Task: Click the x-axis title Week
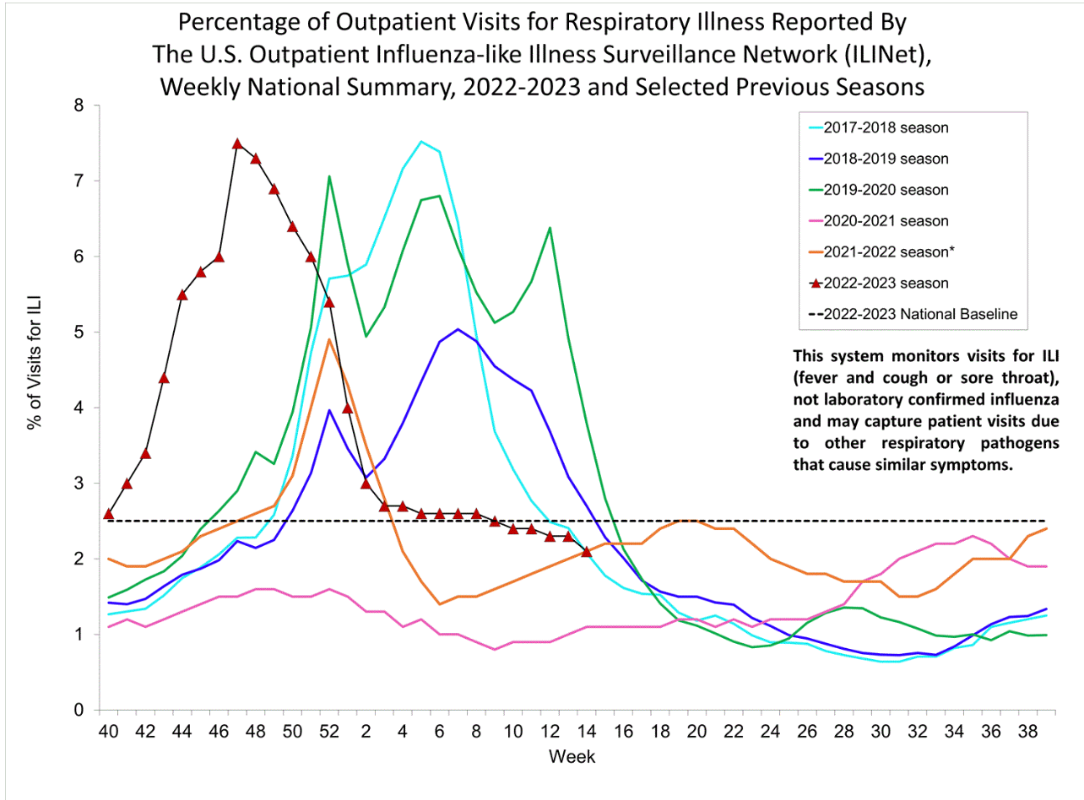pyautogui.click(x=572, y=757)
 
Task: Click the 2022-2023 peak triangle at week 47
pyautogui.click(x=237, y=143)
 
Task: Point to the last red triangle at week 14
pyautogui.click(x=587, y=551)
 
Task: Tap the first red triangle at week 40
pyautogui.click(x=108, y=513)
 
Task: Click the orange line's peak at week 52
pyautogui.click(x=329, y=339)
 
